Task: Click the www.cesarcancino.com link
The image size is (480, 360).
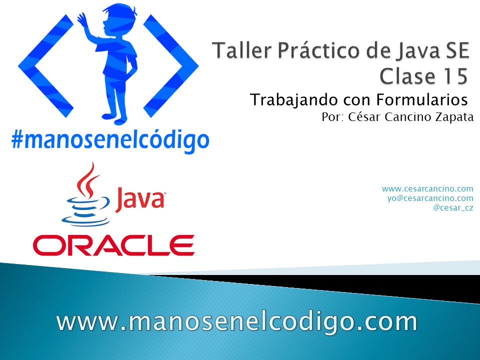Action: pos(427,188)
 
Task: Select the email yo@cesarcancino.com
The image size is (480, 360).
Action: pos(430,198)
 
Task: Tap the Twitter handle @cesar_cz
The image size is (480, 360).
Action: pos(453,207)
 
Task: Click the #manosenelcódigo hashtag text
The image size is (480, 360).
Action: pos(110,140)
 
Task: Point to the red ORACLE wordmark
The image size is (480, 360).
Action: pos(114,245)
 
